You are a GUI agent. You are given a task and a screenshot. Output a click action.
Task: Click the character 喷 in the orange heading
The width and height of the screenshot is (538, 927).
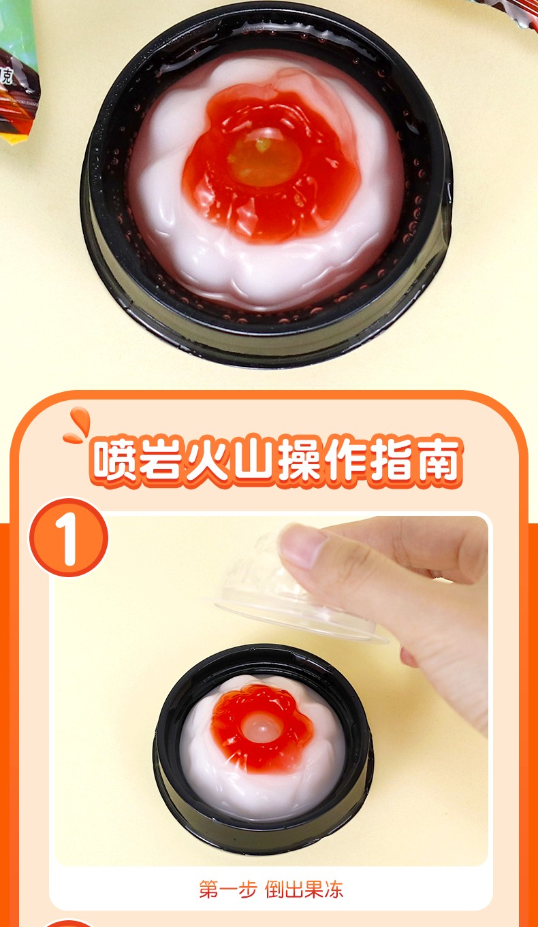point(113,460)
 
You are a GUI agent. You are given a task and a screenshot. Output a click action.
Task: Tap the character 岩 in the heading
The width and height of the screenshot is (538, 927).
point(159,460)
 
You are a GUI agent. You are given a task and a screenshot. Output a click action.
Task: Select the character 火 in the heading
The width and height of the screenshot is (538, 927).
point(206,460)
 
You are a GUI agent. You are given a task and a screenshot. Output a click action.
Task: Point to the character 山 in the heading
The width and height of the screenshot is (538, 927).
point(253,460)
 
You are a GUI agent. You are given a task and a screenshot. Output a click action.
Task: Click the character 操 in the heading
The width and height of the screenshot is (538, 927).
point(299,460)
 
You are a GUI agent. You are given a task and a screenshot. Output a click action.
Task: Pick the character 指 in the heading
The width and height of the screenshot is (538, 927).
point(392,460)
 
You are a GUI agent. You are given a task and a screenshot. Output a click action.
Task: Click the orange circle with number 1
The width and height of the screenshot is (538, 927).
point(69,538)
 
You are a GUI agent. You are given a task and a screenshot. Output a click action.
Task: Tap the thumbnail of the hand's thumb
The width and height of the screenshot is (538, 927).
point(302,546)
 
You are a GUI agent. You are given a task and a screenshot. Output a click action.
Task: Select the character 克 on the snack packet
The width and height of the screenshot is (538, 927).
point(7,76)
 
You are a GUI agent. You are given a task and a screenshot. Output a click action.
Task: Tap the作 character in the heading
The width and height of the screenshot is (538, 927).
point(346,460)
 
